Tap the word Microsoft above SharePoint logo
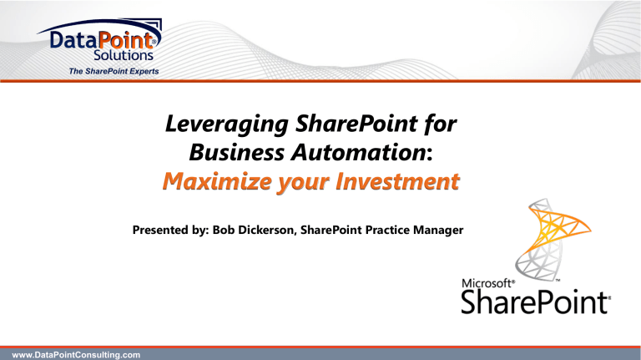(487, 284)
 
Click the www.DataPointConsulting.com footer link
(70, 353)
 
